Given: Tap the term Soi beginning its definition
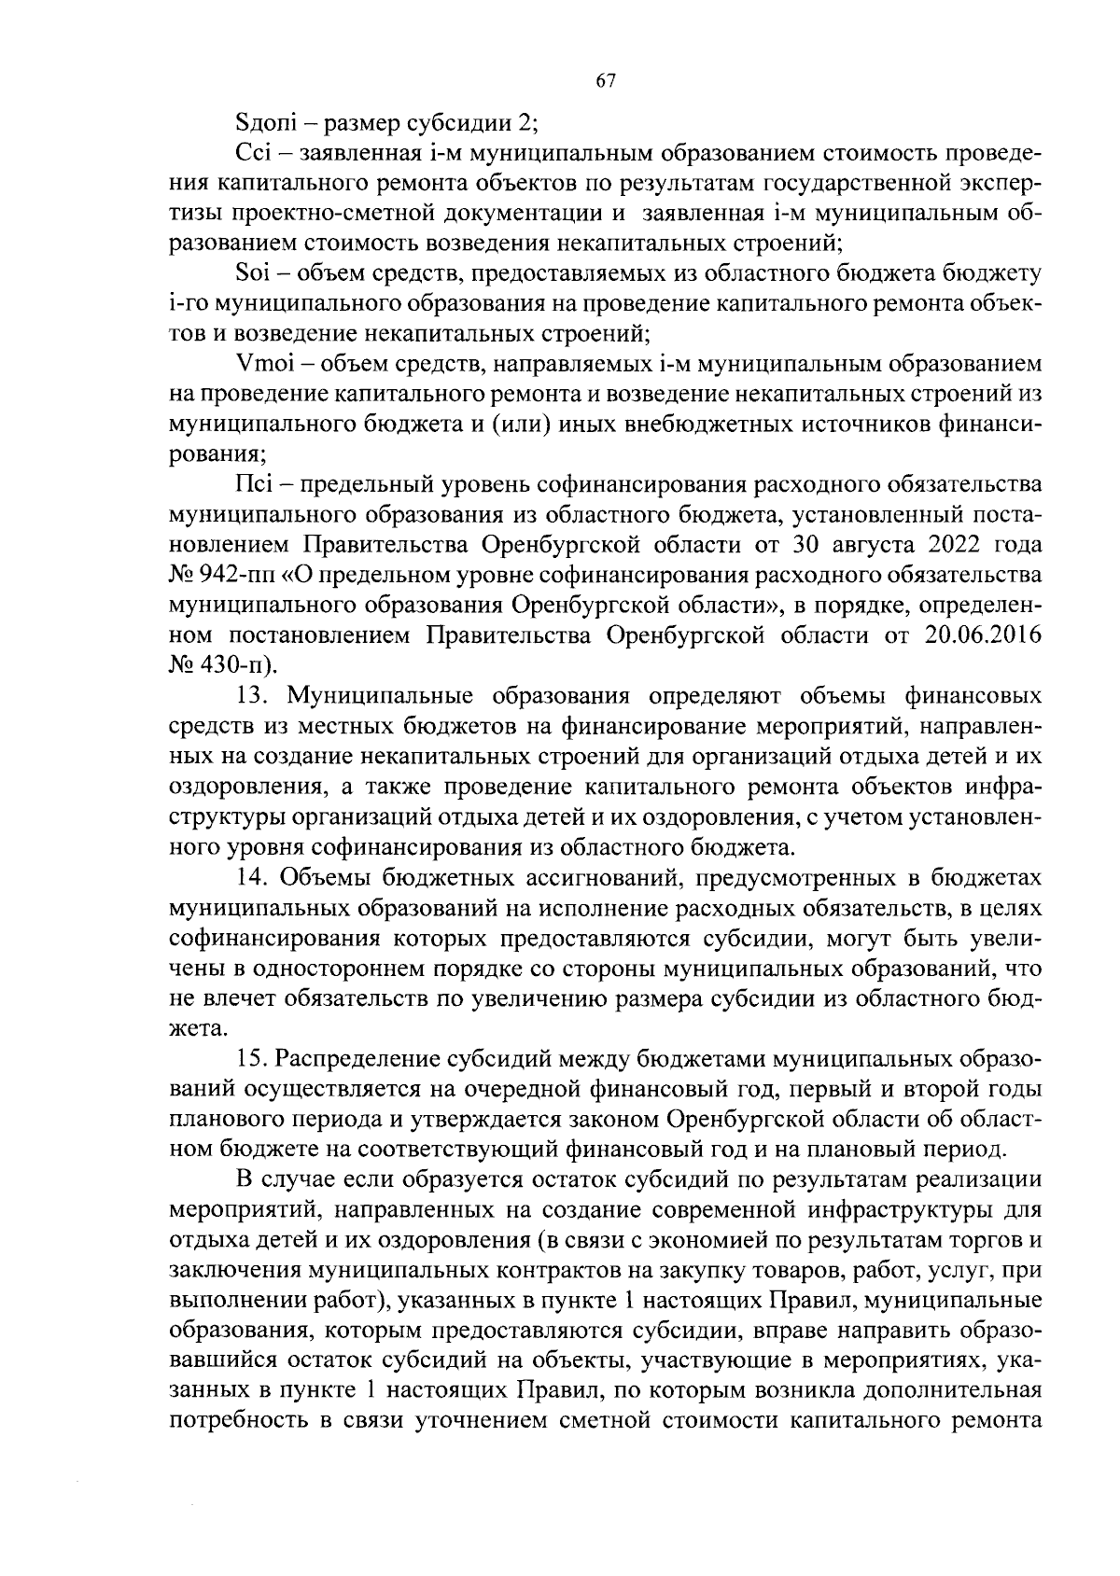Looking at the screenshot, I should click(254, 273).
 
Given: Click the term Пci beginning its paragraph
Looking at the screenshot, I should click(253, 485).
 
